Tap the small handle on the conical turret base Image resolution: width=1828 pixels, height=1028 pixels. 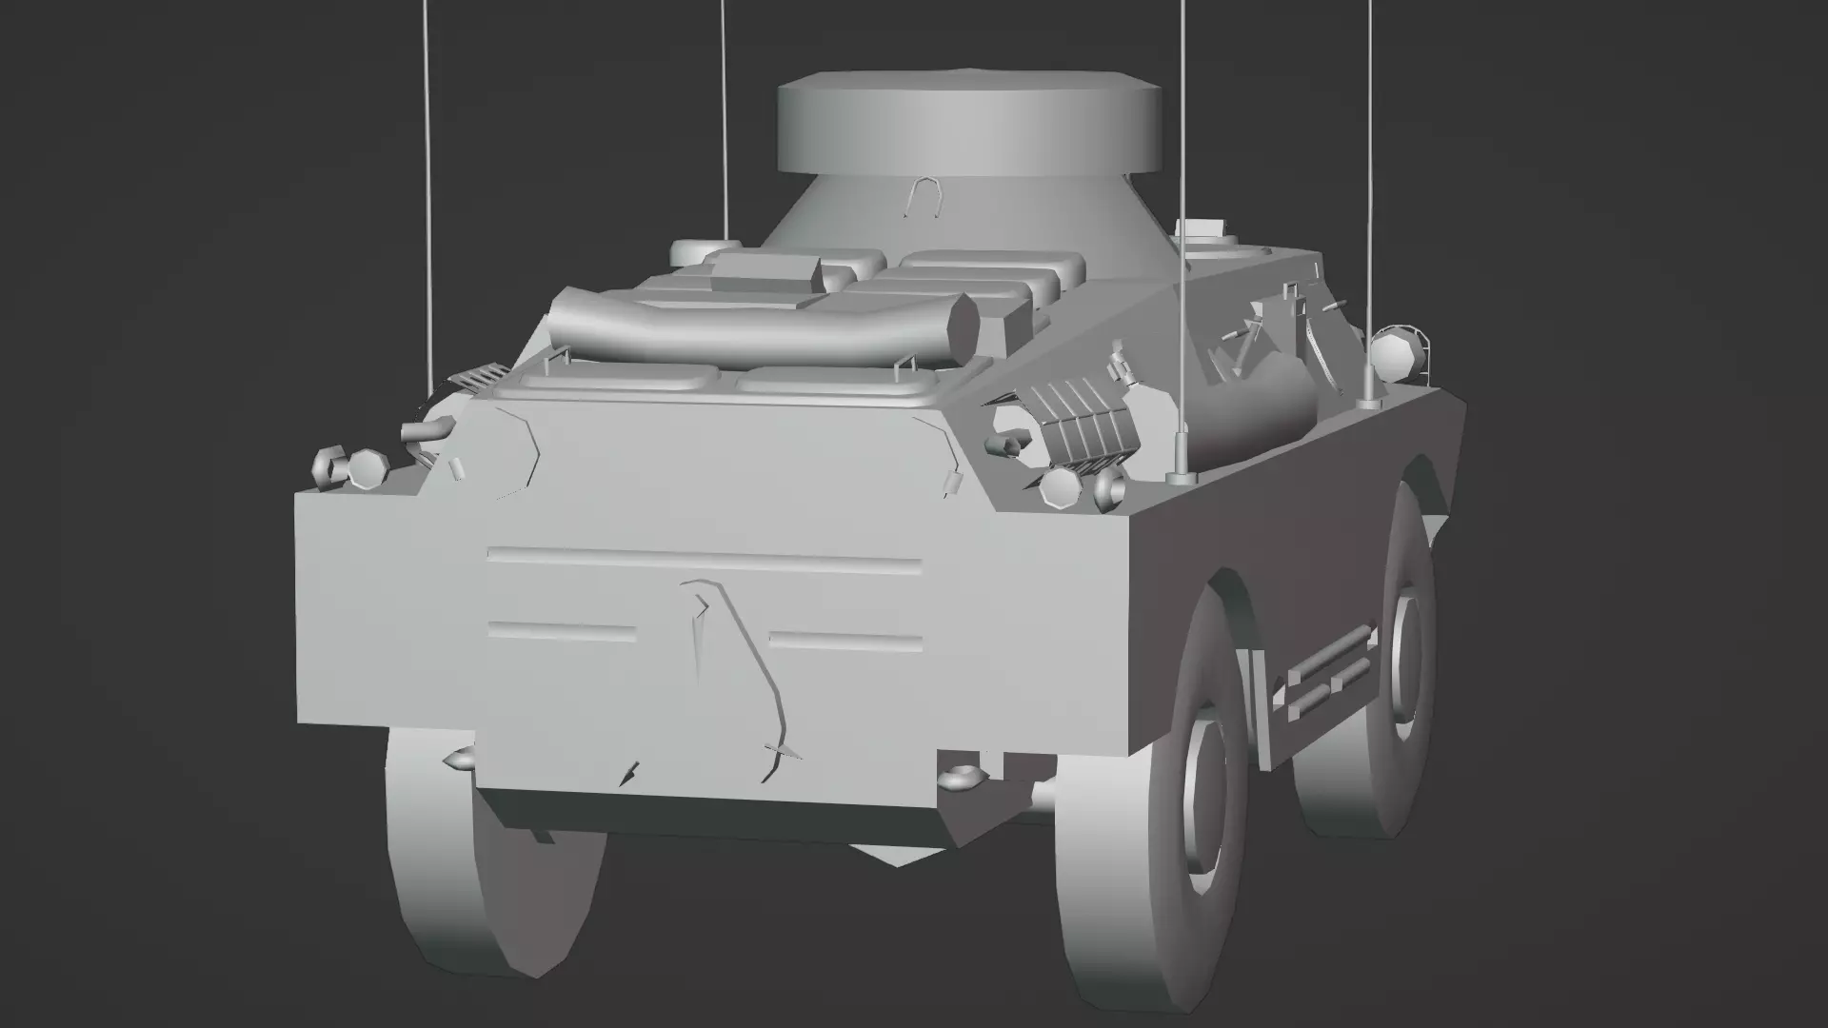coord(924,197)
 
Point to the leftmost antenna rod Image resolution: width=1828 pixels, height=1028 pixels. coord(427,190)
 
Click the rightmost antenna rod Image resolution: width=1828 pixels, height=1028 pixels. coord(1370,190)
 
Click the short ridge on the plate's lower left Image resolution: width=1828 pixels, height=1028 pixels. coord(562,631)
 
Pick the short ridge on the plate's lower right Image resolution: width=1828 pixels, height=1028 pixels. coord(845,640)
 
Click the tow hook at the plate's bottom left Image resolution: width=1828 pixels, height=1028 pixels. coord(459,760)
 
